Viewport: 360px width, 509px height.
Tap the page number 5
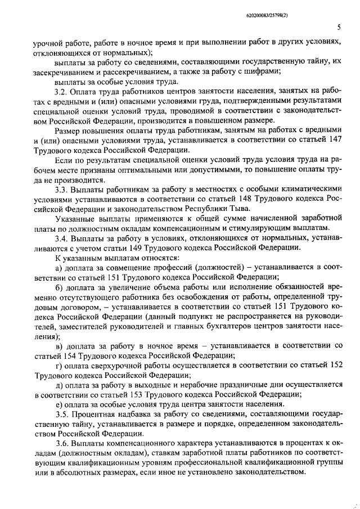340,27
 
